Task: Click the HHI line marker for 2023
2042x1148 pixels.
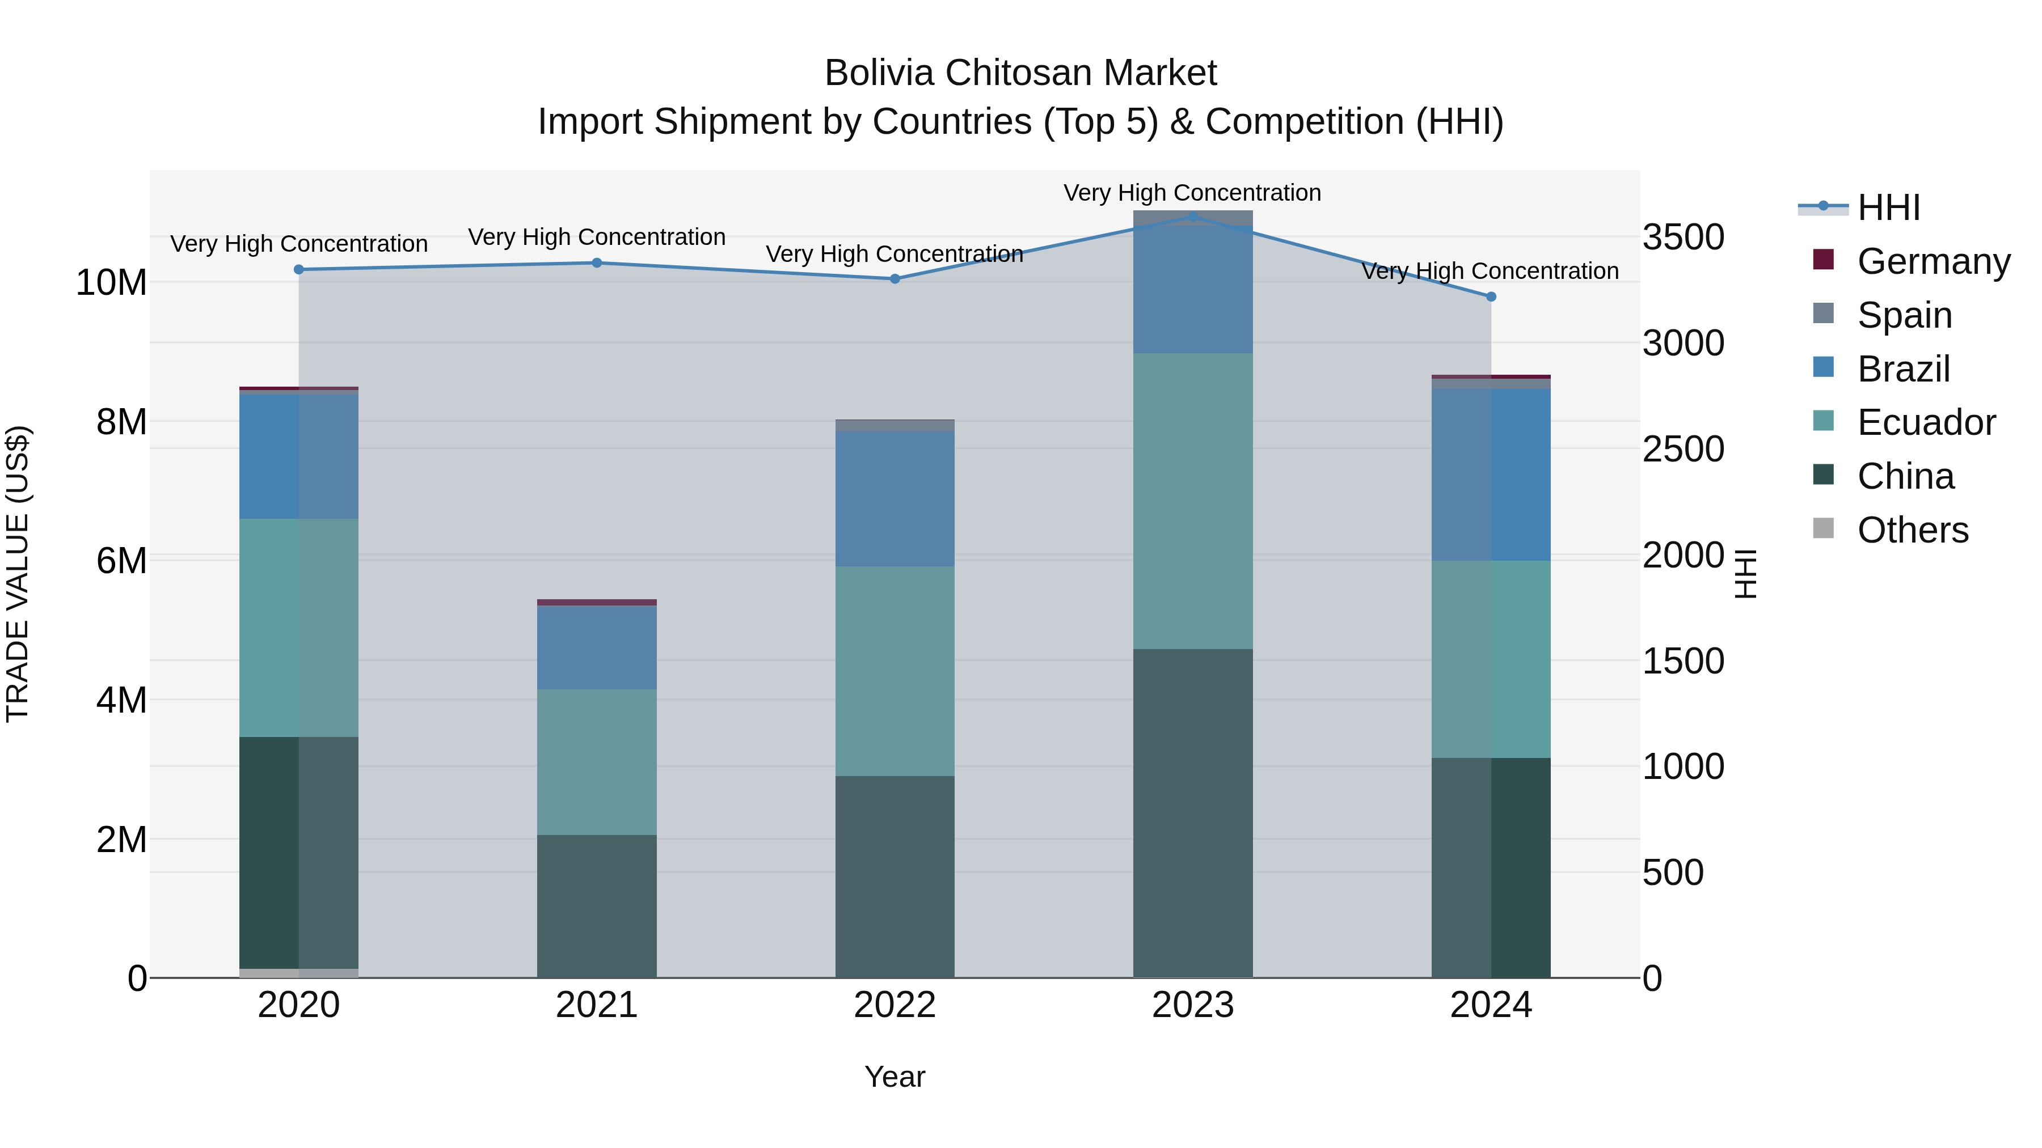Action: click(1192, 217)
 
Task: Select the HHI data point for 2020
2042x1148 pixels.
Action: click(299, 269)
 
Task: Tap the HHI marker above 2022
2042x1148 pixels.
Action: click(895, 279)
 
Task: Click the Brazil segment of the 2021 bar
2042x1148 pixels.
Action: click(597, 647)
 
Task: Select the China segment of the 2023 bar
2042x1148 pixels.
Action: click(1192, 813)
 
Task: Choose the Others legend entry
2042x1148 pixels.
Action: click(1912, 530)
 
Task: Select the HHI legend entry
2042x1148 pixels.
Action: click(1888, 207)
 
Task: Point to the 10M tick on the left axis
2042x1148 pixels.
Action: click(111, 283)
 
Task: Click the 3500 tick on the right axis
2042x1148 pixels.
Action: click(1683, 237)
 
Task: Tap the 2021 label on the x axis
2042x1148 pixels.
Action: click(597, 1005)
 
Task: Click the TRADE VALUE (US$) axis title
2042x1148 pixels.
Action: click(18, 574)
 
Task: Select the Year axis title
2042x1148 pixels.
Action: click(895, 1077)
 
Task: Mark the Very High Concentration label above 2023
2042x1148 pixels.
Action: click(1192, 193)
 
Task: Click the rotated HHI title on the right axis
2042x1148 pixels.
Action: click(1745, 574)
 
